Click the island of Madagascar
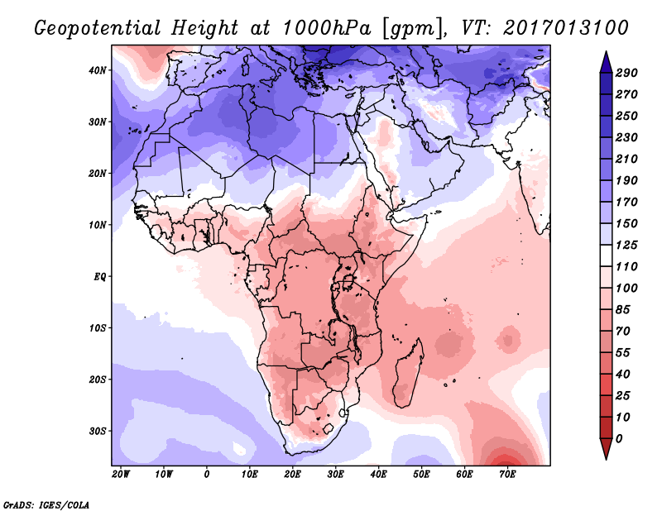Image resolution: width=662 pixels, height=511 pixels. (x=406, y=372)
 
